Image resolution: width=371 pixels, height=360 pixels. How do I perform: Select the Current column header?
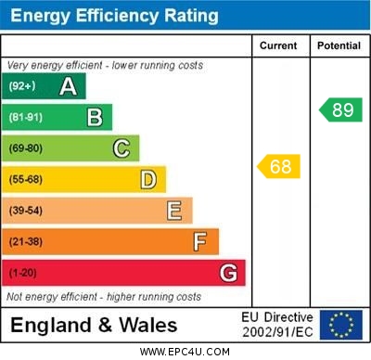point(278,45)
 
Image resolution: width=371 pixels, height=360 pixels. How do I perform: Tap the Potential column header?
point(339,45)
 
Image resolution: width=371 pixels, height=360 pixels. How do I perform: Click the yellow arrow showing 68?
point(278,167)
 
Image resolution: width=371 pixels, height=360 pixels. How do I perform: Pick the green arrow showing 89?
point(340,109)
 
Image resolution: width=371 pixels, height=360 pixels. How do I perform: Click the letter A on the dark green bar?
point(68,86)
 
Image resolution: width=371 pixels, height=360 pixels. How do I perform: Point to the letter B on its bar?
point(95,117)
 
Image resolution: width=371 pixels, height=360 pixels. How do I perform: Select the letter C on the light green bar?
point(122,148)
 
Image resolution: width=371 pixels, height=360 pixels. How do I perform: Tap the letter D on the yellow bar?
point(148,179)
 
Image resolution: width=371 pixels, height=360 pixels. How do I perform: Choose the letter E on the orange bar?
point(174,211)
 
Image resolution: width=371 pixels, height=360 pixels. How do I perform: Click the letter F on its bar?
point(200,241)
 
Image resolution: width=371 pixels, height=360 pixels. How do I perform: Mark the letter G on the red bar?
point(228,273)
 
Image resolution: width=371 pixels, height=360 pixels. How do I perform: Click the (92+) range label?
point(22,86)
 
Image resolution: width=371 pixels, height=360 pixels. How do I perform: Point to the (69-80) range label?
point(26,148)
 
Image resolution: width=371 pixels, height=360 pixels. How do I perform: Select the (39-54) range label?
point(26,211)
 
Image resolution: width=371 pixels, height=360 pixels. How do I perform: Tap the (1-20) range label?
point(23,273)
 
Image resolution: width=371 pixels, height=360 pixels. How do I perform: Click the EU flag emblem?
point(341,325)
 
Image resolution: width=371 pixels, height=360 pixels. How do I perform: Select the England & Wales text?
point(94,326)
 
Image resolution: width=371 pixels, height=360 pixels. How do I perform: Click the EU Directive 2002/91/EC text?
point(277,325)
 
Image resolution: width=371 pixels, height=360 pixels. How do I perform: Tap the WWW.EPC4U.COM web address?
point(185,353)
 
